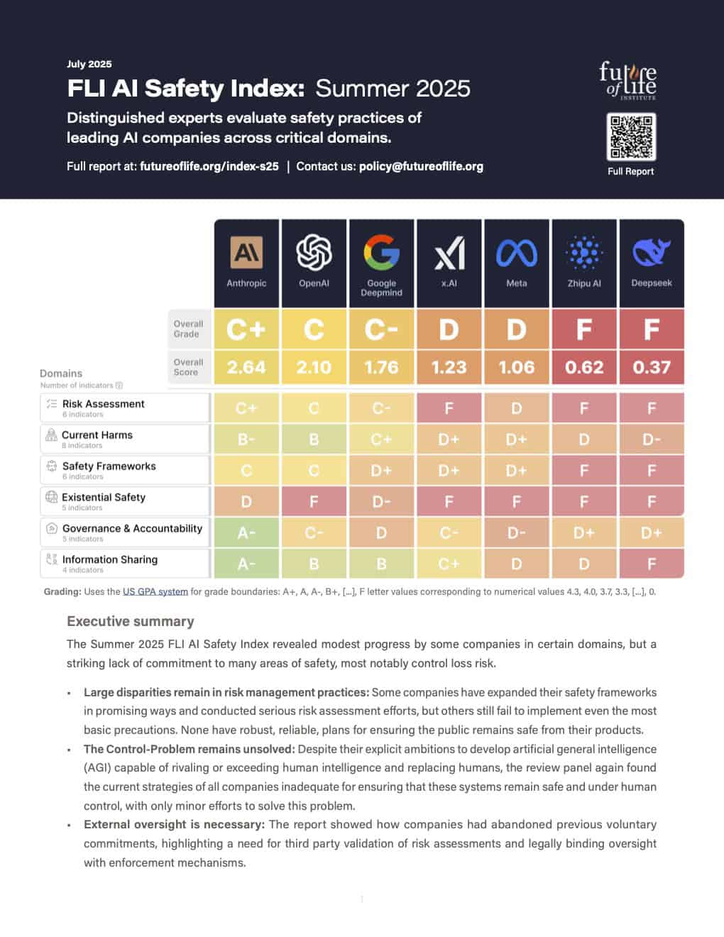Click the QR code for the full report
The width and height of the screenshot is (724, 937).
(x=631, y=137)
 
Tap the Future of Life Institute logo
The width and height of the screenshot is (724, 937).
(x=627, y=80)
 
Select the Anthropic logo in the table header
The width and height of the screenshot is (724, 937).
(x=246, y=253)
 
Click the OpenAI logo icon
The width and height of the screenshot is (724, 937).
(x=314, y=253)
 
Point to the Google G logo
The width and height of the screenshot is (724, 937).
(x=381, y=253)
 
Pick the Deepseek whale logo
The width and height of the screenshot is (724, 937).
(x=651, y=253)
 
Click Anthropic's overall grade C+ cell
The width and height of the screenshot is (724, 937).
(x=246, y=329)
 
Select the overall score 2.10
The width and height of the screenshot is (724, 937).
(x=314, y=367)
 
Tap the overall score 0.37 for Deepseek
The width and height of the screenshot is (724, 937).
(x=651, y=367)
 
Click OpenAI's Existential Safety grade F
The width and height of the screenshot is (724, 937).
(x=314, y=501)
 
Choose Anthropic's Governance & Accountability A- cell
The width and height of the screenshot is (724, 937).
(x=246, y=532)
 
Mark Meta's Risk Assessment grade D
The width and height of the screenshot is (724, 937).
(x=516, y=408)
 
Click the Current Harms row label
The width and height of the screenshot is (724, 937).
(x=97, y=435)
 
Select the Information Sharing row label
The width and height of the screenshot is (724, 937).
(x=110, y=559)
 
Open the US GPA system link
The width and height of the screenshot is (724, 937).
(x=155, y=591)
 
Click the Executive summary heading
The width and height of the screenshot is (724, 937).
(x=131, y=621)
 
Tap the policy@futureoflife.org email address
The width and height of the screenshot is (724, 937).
(x=421, y=166)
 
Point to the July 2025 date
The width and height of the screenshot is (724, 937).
(x=89, y=64)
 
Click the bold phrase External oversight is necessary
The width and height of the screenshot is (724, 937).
(x=174, y=824)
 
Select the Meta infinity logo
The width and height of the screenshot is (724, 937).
(x=516, y=253)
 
